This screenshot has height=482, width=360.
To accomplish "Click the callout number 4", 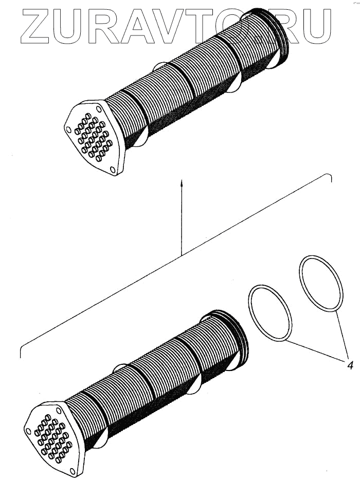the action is click(350, 366).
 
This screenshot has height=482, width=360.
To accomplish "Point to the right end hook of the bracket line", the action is click(330, 178).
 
